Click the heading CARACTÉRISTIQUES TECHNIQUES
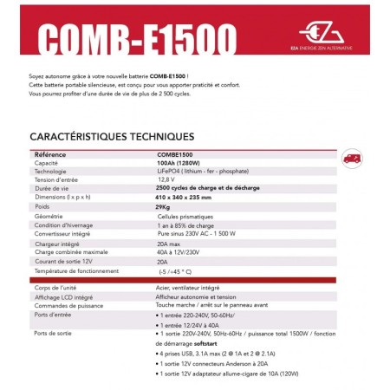tap(111, 137)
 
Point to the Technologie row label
tap(54, 171)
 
